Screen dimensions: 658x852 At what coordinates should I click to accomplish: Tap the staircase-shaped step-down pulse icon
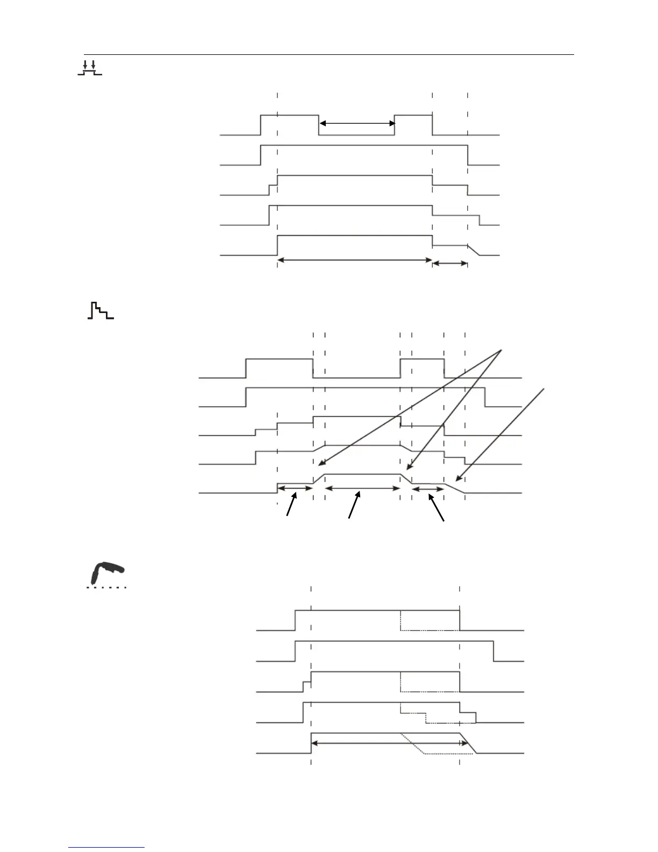pyautogui.click(x=101, y=311)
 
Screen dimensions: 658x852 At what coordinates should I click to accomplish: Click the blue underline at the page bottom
pyautogui.click(x=107, y=848)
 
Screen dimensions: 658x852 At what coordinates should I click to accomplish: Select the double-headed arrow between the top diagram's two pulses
pyautogui.click(x=357, y=124)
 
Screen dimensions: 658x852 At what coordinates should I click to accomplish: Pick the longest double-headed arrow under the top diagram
pyautogui.click(x=355, y=260)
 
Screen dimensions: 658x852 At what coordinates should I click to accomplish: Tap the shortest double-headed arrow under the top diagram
pyautogui.click(x=450, y=263)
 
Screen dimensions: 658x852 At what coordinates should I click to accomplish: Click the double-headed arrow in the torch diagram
pyautogui.click(x=389, y=743)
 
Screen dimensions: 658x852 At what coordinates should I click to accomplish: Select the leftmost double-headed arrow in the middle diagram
pyautogui.click(x=295, y=488)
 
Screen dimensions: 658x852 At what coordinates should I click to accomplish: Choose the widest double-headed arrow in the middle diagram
pyautogui.click(x=363, y=488)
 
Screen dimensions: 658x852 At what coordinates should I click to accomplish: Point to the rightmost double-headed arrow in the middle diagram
pyautogui.click(x=428, y=488)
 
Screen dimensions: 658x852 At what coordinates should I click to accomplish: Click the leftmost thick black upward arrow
pyautogui.click(x=291, y=506)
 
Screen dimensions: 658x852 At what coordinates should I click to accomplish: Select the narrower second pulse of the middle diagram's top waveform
pyautogui.click(x=422, y=359)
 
